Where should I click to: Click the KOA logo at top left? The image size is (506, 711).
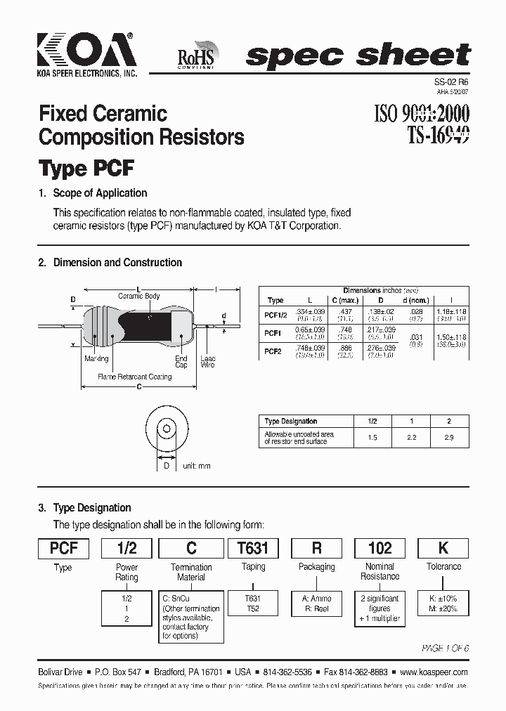86,52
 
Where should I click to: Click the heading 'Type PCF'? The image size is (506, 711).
86,169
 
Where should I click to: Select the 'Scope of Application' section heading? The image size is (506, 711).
100,193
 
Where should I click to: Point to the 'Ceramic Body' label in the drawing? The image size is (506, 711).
139,296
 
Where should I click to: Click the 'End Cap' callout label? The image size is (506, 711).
181,362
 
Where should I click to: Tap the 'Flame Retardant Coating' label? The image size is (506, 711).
135,377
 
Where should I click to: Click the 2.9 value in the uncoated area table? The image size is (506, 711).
449,438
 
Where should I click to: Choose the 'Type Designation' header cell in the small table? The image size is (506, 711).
290,422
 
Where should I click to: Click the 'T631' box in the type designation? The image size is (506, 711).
254,548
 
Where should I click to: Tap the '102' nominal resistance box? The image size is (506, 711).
380,548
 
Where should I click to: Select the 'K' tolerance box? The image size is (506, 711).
443,548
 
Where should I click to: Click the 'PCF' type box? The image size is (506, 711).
63,548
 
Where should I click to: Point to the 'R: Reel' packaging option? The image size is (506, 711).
317,608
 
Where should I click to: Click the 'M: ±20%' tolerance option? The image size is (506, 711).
443,608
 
